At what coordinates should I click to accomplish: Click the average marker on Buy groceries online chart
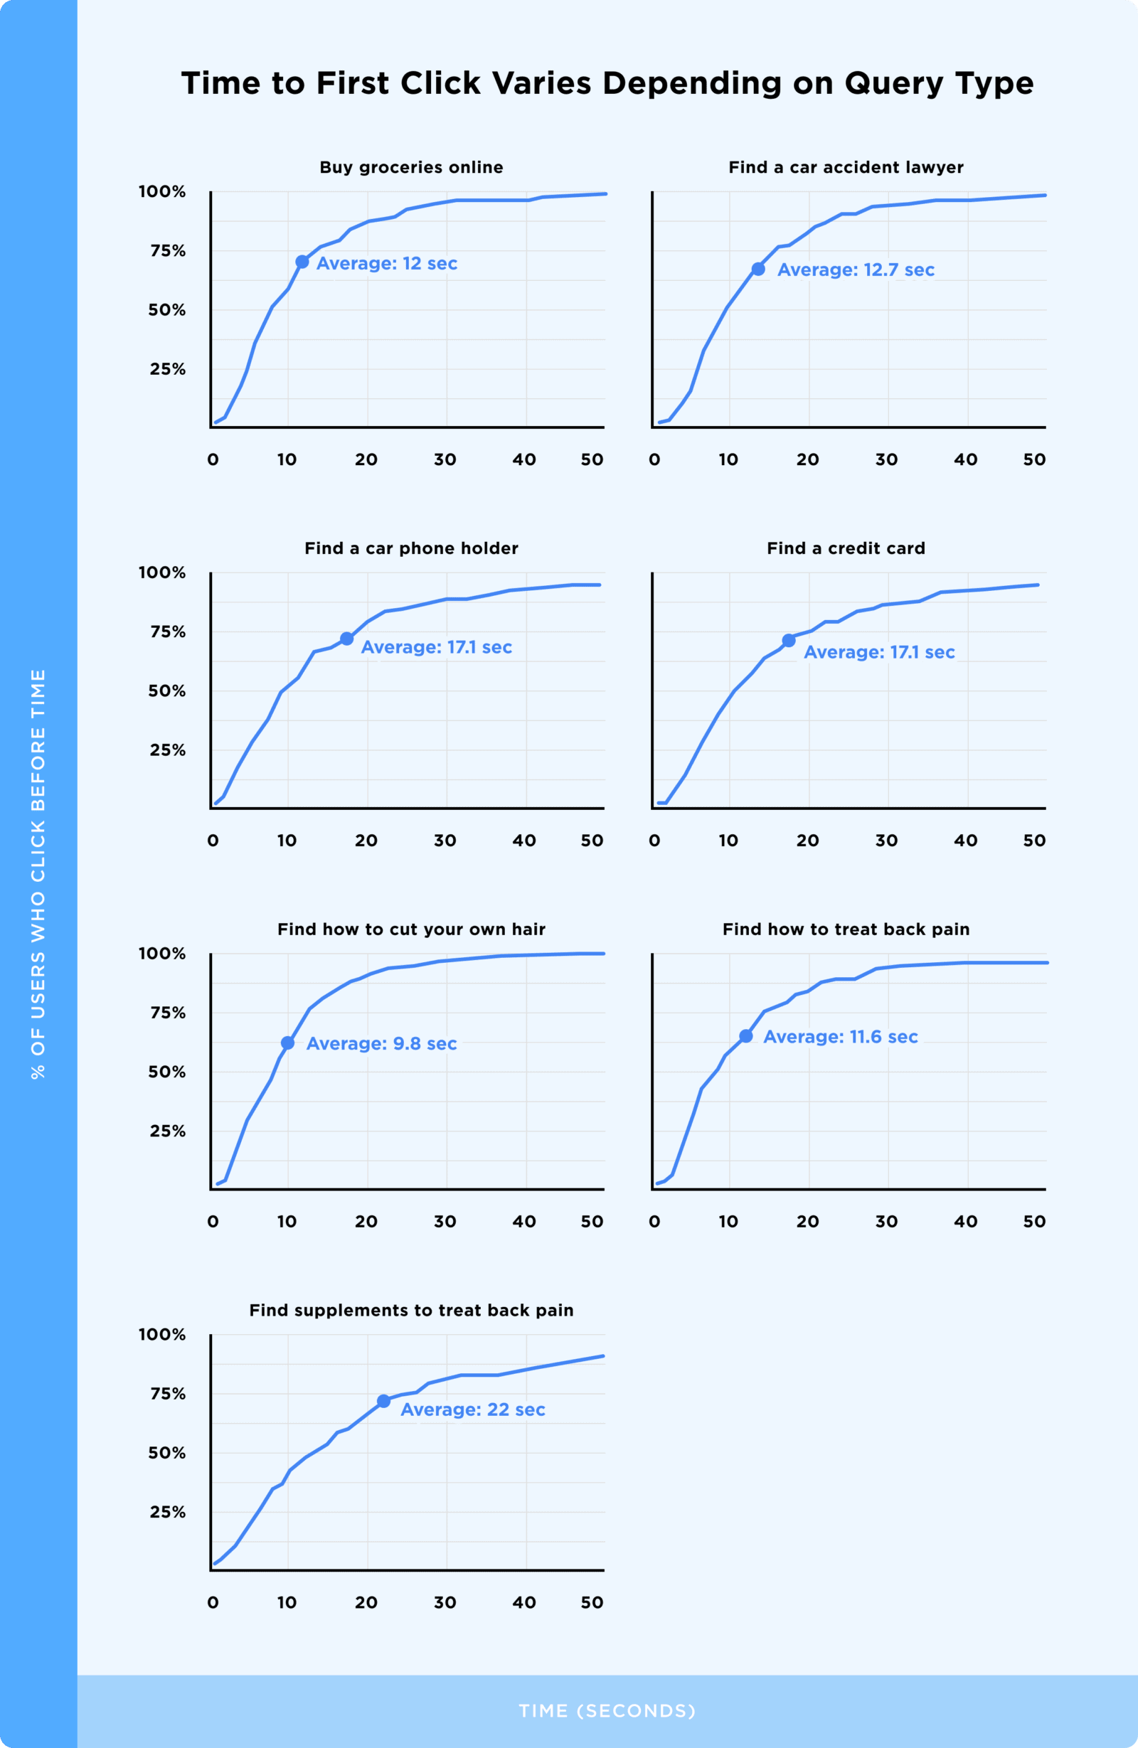tap(302, 262)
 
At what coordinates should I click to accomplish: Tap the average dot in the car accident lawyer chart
tap(758, 270)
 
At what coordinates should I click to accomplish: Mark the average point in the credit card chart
tap(788, 641)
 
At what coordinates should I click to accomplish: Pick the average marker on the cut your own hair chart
tap(288, 1043)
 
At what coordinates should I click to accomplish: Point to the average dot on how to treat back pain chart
tap(745, 1036)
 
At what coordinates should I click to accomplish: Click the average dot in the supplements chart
tap(383, 1402)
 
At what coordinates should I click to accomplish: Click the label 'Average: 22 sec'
tap(472, 1409)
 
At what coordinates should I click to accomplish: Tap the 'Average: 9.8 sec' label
tap(381, 1044)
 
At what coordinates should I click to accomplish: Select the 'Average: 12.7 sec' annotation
tap(856, 270)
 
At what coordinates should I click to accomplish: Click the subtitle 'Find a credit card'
tap(846, 548)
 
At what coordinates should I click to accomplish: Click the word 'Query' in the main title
tap(893, 83)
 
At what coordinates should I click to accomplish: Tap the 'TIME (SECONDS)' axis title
tap(607, 1710)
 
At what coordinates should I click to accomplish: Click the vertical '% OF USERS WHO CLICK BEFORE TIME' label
tap(38, 874)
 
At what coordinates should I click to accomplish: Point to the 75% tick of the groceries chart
tap(169, 251)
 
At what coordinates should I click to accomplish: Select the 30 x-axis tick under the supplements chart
tap(445, 1603)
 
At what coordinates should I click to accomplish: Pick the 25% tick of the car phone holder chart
tap(169, 750)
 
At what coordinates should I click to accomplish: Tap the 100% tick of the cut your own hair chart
tap(162, 954)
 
